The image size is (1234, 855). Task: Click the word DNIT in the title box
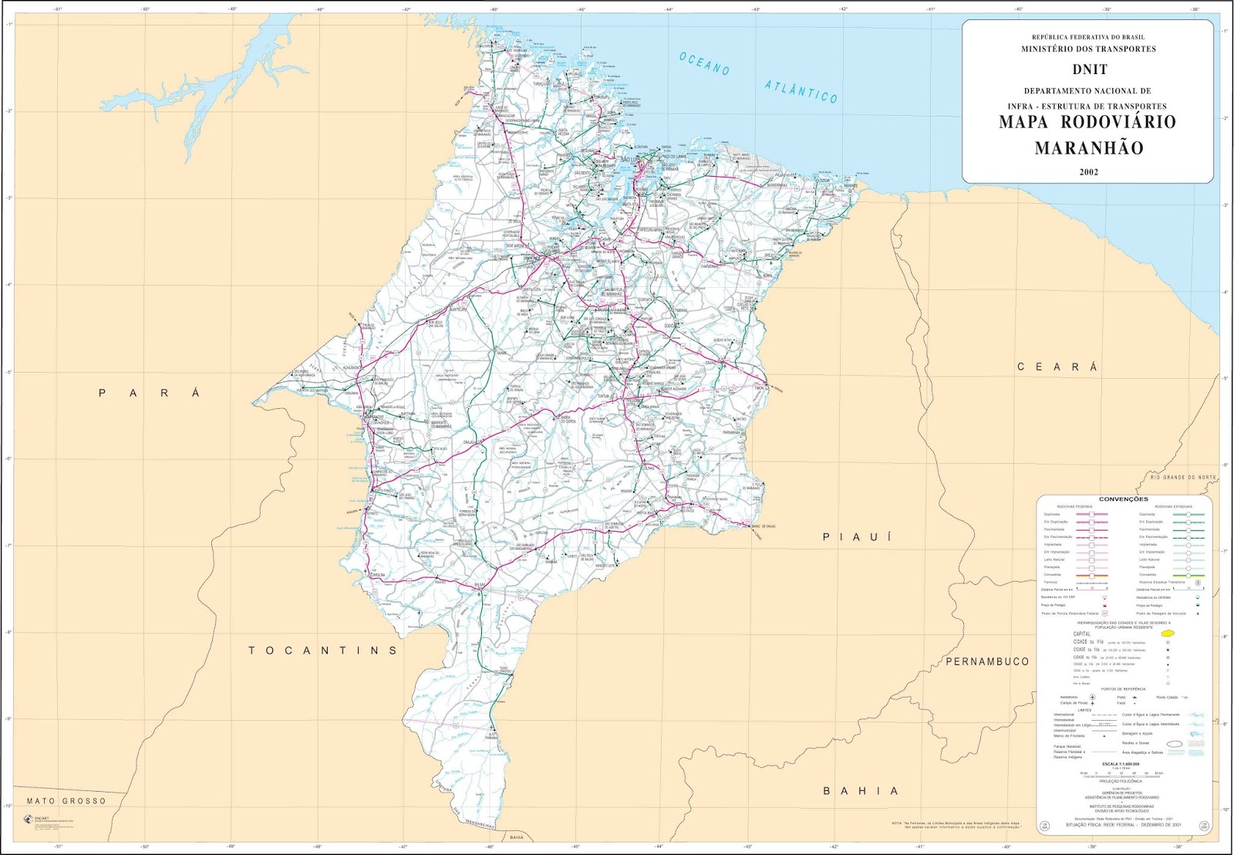click(x=1089, y=69)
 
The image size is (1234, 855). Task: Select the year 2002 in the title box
click(x=1088, y=172)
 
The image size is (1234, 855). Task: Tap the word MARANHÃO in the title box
click(x=1088, y=148)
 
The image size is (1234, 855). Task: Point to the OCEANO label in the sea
click(x=704, y=63)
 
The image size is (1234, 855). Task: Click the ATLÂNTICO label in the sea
click(x=801, y=91)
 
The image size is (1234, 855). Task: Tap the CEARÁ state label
click(x=1057, y=367)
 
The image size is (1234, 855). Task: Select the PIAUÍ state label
click(x=857, y=537)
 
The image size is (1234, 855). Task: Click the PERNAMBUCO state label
click(x=987, y=661)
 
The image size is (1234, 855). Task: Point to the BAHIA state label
click(x=861, y=791)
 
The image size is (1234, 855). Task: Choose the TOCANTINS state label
click(x=322, y=651)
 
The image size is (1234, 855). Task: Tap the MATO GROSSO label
click(x=66, y=801)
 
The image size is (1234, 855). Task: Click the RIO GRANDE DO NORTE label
click(x=1182, y=478)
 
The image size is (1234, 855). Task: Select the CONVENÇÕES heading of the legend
click(x=1123, y=499)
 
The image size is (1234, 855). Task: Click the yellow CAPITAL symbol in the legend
click(x=1167, y=634)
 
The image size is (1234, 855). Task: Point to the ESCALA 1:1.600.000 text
click(x=1123, y=764)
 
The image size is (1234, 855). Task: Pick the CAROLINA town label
click(x=377, y=575)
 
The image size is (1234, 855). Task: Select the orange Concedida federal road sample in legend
click(x=1091, y=575)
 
